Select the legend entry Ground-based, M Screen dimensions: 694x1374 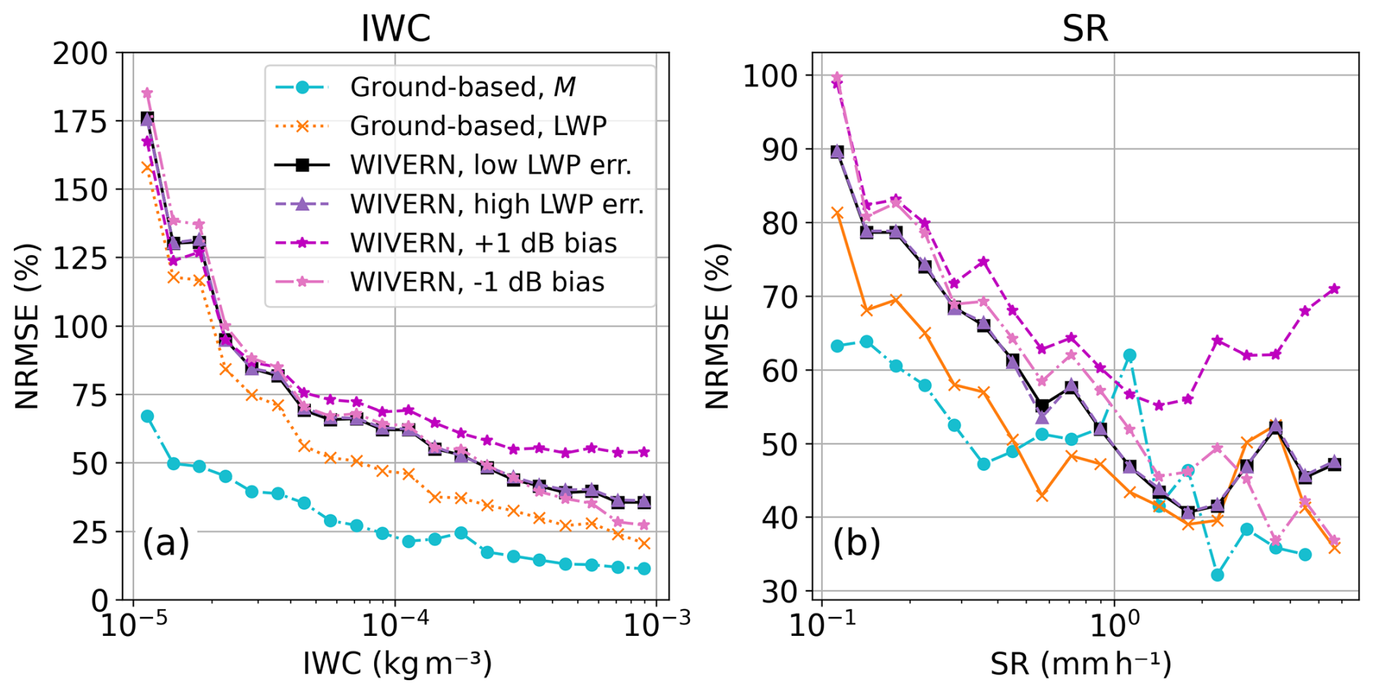coord(463,87)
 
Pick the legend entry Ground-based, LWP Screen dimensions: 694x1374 coord(478,126)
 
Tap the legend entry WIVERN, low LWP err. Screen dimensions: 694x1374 coord(490,165)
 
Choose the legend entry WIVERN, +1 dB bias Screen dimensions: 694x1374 coord(483,243)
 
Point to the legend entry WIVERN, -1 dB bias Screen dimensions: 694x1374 coord(477,282)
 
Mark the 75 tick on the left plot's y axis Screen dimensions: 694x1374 coord(89,395)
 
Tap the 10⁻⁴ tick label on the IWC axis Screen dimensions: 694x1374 coord(394,624)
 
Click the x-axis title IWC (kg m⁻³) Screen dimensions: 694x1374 coord(397,663)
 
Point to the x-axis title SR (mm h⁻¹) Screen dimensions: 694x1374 coord(1081,663)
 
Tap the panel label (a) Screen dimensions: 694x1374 coord(166,542)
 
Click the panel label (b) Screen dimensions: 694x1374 coord(856,542)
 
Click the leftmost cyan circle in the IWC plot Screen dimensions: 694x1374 coord(147,416)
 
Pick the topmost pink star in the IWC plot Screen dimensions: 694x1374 coord(147,93)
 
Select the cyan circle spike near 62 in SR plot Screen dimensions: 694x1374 coord(1129,355)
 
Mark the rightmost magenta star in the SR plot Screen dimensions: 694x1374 coord(1334,289)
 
